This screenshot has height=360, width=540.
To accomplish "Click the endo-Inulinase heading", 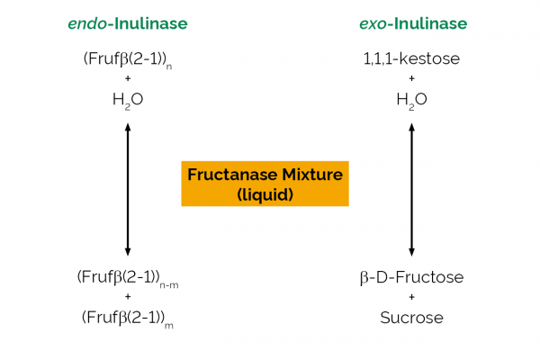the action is pos(128,23).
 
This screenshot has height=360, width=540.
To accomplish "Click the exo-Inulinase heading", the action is pos(413,23).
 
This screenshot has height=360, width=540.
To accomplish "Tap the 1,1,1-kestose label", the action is pos(411,58).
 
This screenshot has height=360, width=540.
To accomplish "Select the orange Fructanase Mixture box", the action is pos(265,184).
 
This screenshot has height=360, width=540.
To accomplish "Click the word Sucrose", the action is pos(411,318).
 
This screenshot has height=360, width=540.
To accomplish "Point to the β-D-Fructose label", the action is pos(411,278).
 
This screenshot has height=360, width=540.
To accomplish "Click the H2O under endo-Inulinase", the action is pos(128,100).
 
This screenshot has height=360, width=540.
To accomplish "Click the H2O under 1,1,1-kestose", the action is pos(411,100).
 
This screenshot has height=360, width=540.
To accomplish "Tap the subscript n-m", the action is pos(169,285).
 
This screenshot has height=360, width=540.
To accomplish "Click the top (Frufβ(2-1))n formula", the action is pos(128,60).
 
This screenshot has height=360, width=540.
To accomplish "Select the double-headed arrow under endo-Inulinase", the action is pos(128,190).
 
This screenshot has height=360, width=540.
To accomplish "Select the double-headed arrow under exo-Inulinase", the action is pos(411,190).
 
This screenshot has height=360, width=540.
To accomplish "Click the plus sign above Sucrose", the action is pos(411,297).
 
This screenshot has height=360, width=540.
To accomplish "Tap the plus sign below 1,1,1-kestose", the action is pos(411,78).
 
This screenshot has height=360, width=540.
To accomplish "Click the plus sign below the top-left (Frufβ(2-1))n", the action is pos(128,78).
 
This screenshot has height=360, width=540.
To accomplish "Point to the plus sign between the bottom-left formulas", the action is pos(128,297).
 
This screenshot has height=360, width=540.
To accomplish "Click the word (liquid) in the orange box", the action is pos(265,194).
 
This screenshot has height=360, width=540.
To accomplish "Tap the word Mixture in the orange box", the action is pos(312,175).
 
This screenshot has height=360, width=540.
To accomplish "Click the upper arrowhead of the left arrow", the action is pos(128,126).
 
